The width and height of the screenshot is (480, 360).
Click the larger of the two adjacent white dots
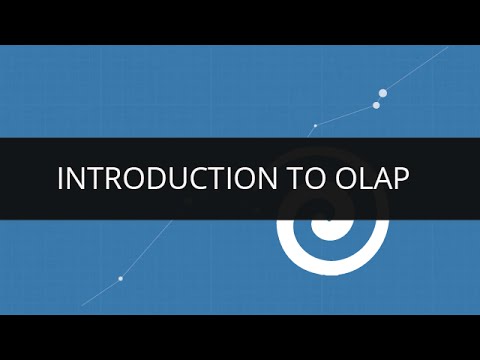(383, 93)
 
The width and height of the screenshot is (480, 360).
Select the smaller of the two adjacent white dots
(376, 105)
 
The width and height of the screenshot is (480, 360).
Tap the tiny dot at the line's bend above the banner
(315, 126)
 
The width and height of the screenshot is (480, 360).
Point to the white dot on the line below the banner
(120, 278)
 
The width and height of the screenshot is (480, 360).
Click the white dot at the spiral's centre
(329, 216)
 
